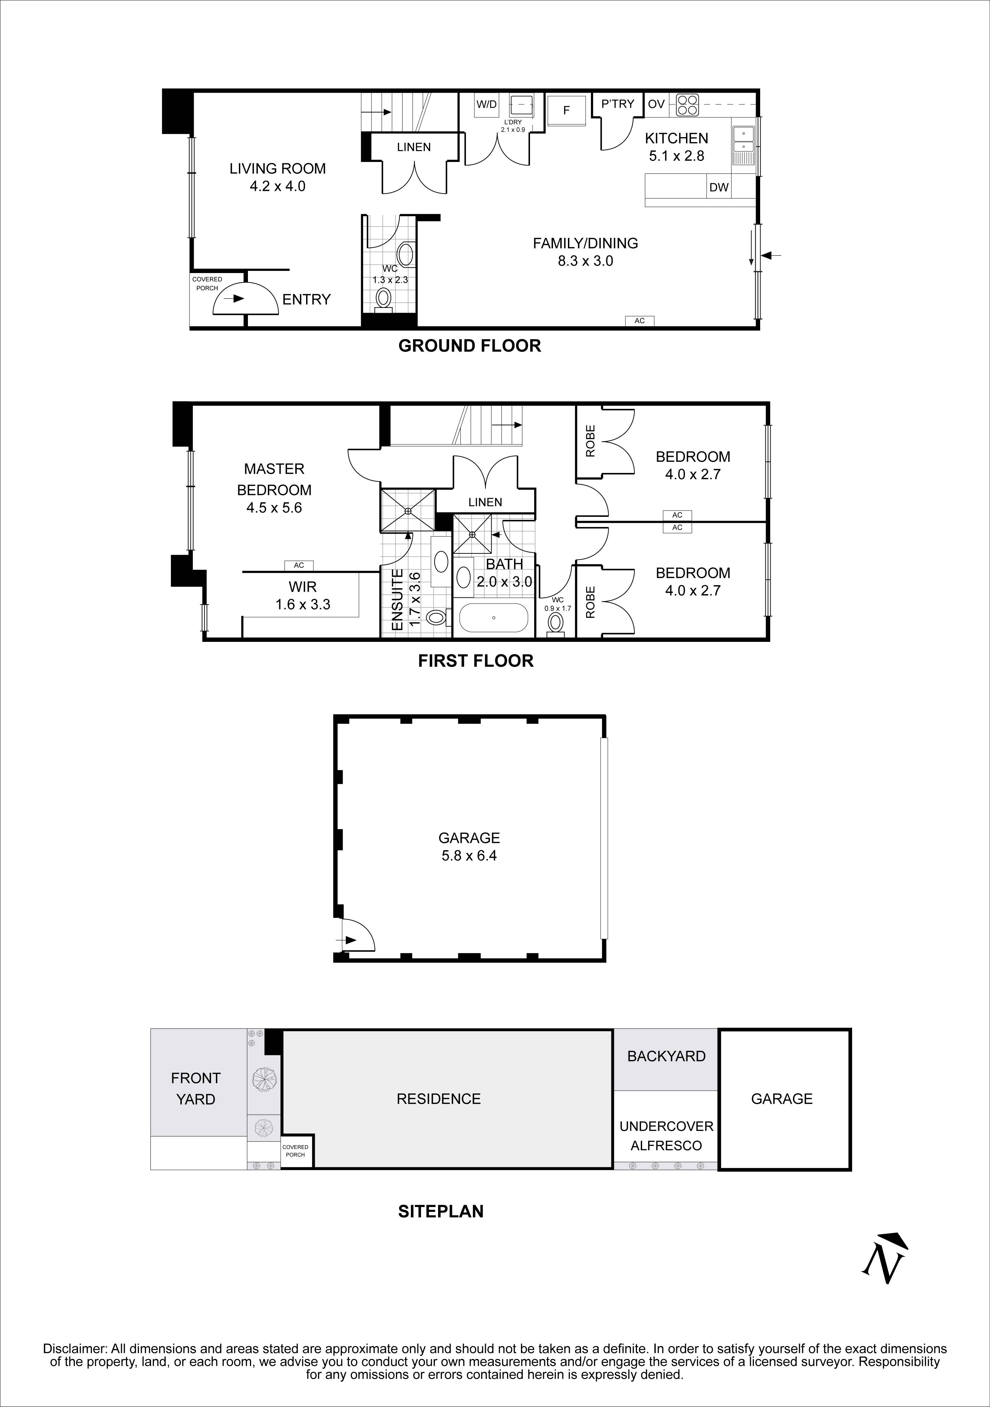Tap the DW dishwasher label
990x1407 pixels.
[719, 187]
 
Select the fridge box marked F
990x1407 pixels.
[566, 110]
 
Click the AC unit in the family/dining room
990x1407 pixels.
[640, 320]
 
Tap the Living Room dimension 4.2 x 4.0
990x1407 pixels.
[278, 186]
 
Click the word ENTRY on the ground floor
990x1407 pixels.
[306, 299]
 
